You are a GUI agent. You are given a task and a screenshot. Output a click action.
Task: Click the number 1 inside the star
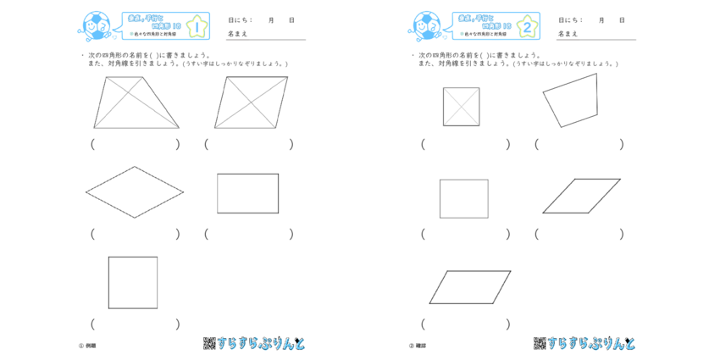[197, 27]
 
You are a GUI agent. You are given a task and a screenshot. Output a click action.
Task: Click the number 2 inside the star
[528, 27]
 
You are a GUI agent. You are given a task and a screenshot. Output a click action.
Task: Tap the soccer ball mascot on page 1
[95, 27]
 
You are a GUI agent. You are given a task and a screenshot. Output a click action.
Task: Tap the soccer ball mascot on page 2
[425, 27]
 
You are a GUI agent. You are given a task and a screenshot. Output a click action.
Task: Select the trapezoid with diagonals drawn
[136, 102]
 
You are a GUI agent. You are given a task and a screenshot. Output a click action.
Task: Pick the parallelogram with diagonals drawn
[252, 102]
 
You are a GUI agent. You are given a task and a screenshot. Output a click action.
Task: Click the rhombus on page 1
[135, 192]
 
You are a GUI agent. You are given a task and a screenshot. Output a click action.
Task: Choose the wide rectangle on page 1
[248, 193]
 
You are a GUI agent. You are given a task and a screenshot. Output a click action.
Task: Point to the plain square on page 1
[133, 282]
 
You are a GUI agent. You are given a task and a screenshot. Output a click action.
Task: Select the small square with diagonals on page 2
[461, 107]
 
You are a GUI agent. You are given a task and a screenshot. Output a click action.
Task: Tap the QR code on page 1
[209, 343]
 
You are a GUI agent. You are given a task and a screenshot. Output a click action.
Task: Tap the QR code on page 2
[540, 343]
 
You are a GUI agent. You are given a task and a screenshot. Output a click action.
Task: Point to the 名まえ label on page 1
[238, 34]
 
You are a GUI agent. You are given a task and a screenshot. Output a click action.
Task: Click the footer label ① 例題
[88, 346]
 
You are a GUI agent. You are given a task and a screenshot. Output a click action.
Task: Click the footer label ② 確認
[418, 346]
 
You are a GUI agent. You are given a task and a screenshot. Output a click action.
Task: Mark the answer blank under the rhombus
[136, 234]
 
